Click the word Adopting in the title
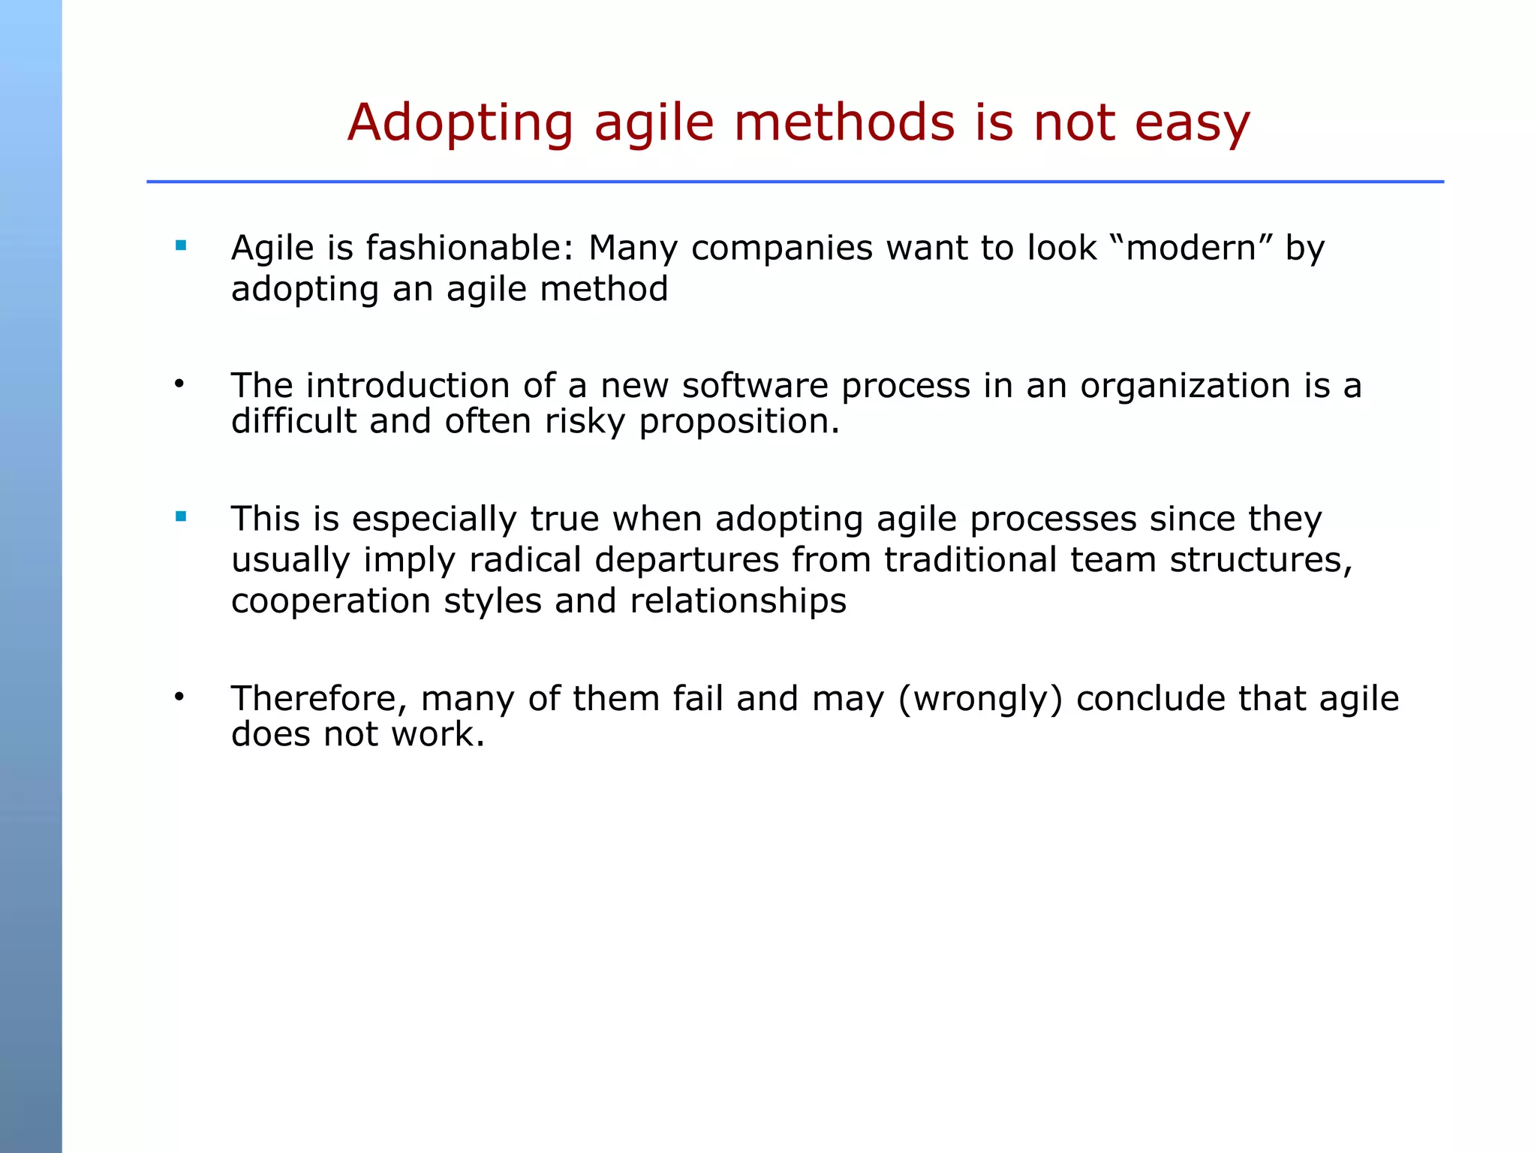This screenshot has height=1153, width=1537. (460, 124)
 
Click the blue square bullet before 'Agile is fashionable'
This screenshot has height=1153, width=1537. (180, 245)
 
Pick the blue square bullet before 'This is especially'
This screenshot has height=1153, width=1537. (180, 516)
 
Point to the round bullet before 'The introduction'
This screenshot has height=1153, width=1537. (179, 385)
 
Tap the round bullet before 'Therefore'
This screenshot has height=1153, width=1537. (179, 697)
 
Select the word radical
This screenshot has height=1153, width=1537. (525, 560)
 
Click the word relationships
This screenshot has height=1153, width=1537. (738, 602)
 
